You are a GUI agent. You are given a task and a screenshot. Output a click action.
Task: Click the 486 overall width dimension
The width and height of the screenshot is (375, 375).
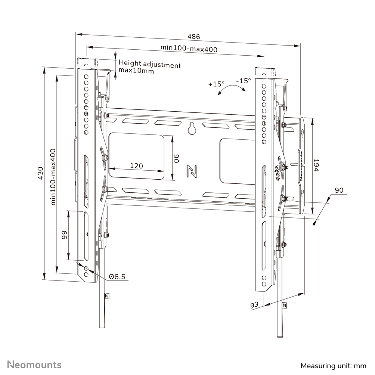click(193, 37)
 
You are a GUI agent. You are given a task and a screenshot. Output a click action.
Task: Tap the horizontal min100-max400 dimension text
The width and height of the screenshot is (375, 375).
click(189, 48)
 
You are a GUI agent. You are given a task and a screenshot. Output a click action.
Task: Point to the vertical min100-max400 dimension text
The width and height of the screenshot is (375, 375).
click(53, 176)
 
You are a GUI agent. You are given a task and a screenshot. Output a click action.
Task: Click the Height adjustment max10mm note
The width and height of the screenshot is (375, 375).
click(149, 68)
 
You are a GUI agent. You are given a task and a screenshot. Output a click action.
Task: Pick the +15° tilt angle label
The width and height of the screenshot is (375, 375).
click(216, 84)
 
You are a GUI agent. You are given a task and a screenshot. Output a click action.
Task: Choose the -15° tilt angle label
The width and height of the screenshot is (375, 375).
click(243, 81)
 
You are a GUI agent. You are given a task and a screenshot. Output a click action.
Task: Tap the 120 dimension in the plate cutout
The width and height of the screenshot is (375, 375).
click(137, 166)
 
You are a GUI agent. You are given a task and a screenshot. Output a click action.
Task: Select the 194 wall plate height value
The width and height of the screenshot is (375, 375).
click(316, 165)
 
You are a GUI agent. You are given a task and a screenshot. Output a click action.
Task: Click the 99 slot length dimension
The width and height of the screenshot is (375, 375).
click(64, 235)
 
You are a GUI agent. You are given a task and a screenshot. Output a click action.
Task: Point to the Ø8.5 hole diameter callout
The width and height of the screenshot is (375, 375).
click(117, 277)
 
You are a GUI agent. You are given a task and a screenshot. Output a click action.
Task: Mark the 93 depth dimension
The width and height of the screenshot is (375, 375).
click(254, 305)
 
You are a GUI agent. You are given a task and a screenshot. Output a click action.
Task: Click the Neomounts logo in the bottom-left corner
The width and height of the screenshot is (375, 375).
click(34, 364)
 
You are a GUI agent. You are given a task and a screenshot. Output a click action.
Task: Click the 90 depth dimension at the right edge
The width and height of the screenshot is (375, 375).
click(339, 190)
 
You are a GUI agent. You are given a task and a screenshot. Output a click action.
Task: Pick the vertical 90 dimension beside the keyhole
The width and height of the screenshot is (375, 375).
click(177, 158)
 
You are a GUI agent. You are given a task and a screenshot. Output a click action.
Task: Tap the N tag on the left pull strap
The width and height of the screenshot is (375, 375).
click(107, 295)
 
